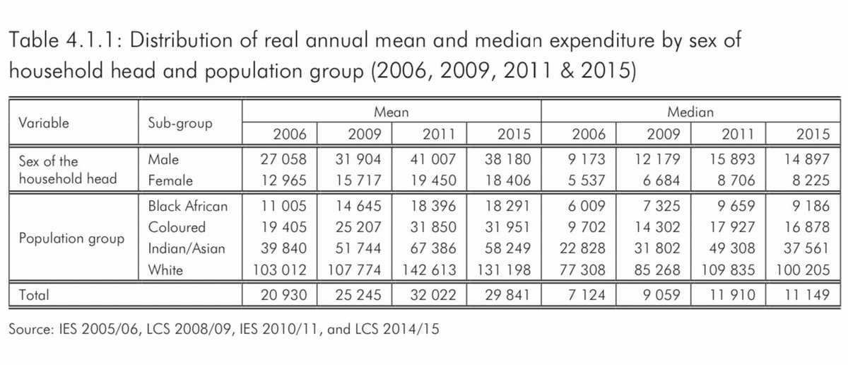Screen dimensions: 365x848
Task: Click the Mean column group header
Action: pyautogui.click(x=392, y=112)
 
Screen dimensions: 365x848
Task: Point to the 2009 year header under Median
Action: pyautogui.click(x=661, y=133)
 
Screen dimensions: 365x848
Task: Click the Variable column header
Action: pyautogui.click(x=44, y=122)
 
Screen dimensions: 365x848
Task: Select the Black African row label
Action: pyautogui.click(x=188, y=207)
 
